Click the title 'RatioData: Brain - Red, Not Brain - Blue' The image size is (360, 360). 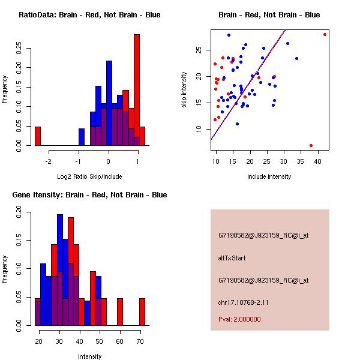point(89,14)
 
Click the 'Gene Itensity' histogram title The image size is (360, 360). point(89,194)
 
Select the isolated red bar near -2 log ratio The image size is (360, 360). point(38,136)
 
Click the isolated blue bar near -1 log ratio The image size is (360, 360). point(82,137)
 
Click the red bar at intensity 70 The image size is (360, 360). point(142,312)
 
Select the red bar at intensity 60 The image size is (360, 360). point(120,312)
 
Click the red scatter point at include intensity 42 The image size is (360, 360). point(325,34)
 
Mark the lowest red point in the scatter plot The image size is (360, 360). point(311,145)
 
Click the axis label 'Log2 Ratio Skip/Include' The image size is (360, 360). point(89,176)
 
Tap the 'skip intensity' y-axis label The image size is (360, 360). point(184,90)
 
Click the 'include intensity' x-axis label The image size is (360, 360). point(269,176)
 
